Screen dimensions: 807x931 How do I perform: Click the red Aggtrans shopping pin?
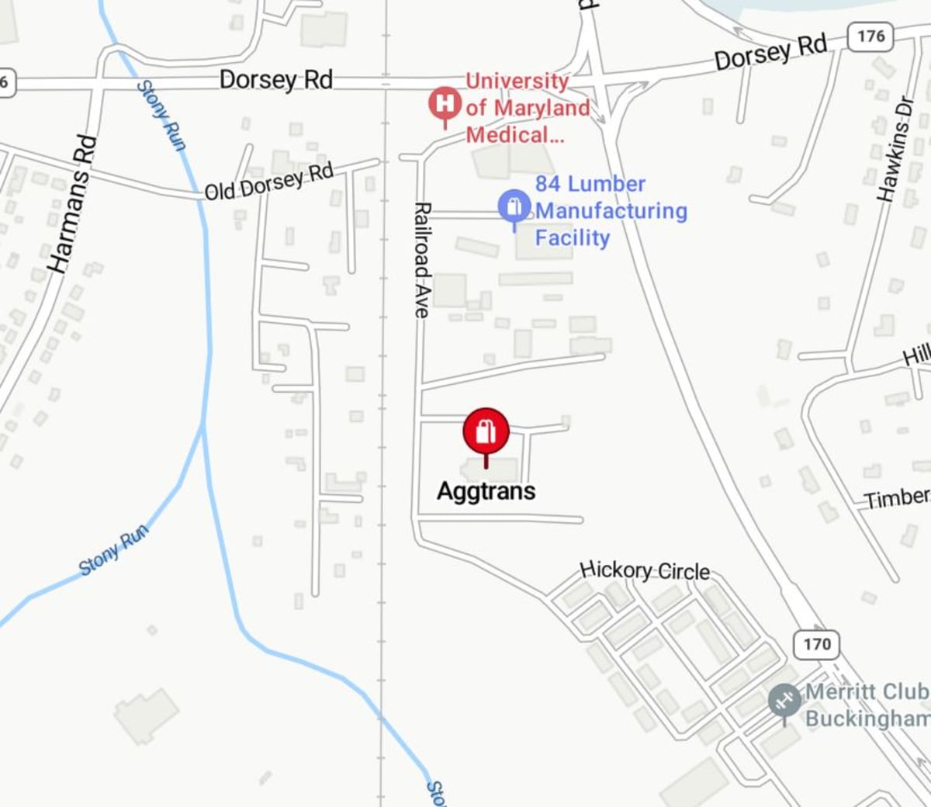point(486,431)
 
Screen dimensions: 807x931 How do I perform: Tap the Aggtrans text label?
point(486,490)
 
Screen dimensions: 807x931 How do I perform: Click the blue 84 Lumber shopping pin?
point(514,208)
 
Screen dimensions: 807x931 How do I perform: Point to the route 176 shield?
point(870,36)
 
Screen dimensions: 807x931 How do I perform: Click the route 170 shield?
point(817,644)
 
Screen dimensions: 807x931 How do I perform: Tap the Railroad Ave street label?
point(422,260)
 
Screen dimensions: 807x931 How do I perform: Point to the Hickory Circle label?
point(645,570)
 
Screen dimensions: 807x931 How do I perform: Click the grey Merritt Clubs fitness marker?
point(784,701)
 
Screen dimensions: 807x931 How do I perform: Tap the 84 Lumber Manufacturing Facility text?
point(611,210)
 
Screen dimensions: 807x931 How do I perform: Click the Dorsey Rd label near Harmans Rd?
point(275,79)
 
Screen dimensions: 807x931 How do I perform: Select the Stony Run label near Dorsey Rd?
point(162,116)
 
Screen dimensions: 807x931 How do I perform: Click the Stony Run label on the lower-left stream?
point(113,550)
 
